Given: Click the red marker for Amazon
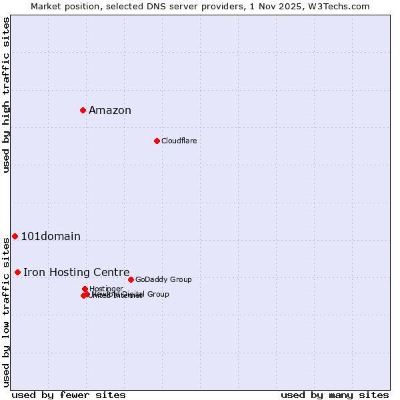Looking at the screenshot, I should [83, 110].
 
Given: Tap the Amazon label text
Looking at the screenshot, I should [110, 111].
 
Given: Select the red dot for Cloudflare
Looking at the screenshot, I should [157, 141].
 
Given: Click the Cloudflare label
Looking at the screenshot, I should [179, 141].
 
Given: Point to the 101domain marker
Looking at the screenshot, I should [15, 236].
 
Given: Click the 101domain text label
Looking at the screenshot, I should [51, 237].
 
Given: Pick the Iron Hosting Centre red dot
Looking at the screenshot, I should [17, 272].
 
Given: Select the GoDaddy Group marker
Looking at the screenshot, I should [131, 279].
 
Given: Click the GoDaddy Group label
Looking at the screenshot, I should [163, 279].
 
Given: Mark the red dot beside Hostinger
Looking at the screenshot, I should [85, 289].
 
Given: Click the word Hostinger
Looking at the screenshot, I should [106, 289].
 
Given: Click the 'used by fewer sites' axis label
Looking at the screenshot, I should [69, 395].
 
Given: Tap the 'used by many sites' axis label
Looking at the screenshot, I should [335, 395].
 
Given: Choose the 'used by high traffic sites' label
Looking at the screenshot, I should [7, 95].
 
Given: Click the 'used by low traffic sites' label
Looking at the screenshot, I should [7, 312].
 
